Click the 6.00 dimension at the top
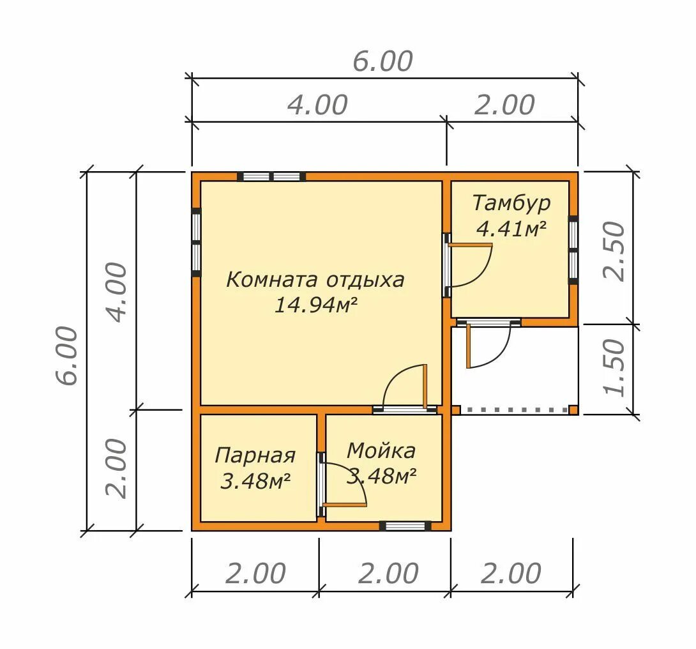tap(382, 61)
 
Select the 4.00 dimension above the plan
tap(317, 105)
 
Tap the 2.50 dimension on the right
tap(614, 250)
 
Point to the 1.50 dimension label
tap(614, 367)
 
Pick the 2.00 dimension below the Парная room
tap(255, 574)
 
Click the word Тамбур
tap(511, 203)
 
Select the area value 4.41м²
tap(511, 229)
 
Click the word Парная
tap(255, 456)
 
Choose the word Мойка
tap(381, 451)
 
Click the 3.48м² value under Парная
tap(255, 481)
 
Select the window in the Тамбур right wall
tap(573, 250)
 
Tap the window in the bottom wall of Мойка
tap(405, 526)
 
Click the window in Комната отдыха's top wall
tap(271, 176)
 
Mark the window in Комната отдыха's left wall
tap(196, 242)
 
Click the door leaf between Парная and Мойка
tap(344, 505)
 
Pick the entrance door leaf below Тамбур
tap(468, 346)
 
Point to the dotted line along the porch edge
tap(515, 409)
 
